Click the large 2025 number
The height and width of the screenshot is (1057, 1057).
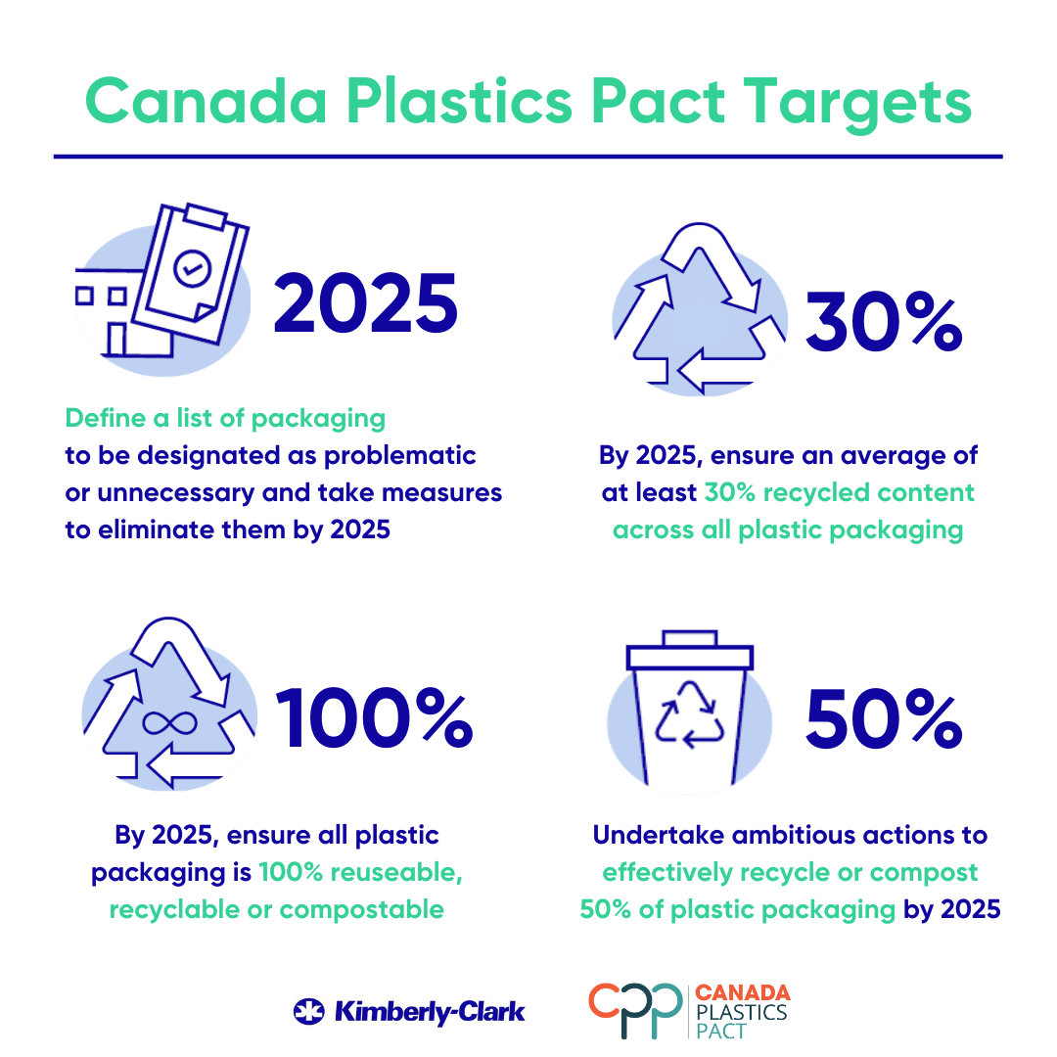pyautogui.click(x=365, y=303)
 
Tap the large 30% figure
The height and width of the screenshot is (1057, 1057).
pyautogui.click(x=884, y=322)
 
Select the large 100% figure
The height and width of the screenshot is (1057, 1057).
pyautogui.click(x=375, y=718)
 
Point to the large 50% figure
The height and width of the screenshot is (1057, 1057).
pyautogui.click(x=884, y=718)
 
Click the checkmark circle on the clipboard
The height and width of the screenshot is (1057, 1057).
pyautogui.click(x=192, y=268)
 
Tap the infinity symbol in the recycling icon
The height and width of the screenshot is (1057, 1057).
pyautogui.click(x=170, y=723)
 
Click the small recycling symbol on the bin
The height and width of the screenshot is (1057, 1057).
pyautogui.click(x=690, y=714)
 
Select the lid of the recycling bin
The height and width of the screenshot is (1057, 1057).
pyautogui.click(x=690, y=650)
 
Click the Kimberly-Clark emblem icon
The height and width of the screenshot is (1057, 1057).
pyautogui.click(x=308, y=1011)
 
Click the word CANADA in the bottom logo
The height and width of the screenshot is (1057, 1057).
pyautogui.click(x=742, y=992)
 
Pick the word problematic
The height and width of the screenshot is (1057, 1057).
pyautogui.click(x=400, y=456)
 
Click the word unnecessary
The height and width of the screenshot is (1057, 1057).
pyautogui.click(x=176, y=493)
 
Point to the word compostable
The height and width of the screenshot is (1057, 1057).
pyautogui.click(x=361, y=909)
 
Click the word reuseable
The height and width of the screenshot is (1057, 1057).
pyautogui.click(x=396, y=872)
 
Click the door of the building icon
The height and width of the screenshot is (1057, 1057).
pyautogui.click(x=116, y=339)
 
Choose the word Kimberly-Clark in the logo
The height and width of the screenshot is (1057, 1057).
pyautogui.click(x=430, y=1012)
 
